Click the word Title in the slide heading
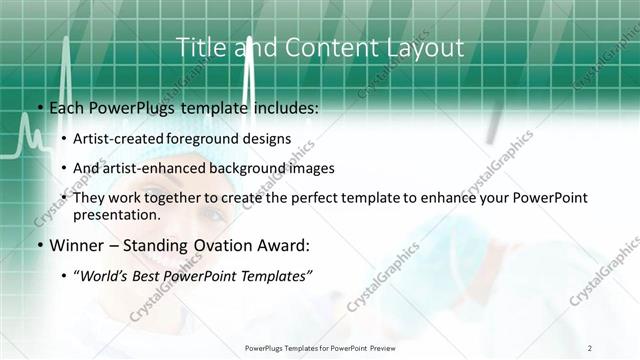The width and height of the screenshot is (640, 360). tap(197, 47)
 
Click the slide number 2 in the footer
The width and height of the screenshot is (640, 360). tap(591, 348)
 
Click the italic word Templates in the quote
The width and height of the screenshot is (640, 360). tap(277, 276)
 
